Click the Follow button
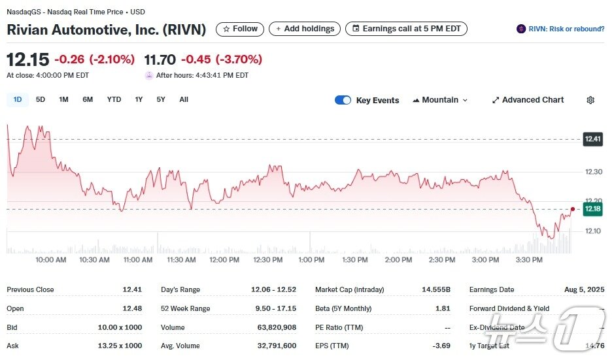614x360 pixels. click(240, 29)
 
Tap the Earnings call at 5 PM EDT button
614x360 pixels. click(406, 29)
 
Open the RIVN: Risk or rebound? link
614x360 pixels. click(560, 29)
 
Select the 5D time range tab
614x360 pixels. click(41, 99)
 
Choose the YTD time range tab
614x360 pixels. click(114, 99)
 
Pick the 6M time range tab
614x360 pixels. click(88, 99)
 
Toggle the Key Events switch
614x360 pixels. click(343, 100)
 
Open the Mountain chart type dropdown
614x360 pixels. click(440, 100)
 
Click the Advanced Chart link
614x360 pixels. click(528, 100)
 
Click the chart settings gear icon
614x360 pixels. click(590, 100)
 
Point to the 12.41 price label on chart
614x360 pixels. click(592, 139)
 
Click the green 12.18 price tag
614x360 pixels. click(592, 208)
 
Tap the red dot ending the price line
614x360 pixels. click(573, 209)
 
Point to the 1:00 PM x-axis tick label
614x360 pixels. click(311, 259)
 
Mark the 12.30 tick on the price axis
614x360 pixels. click(594, 172)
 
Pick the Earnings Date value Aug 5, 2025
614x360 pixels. click(583, 289)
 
